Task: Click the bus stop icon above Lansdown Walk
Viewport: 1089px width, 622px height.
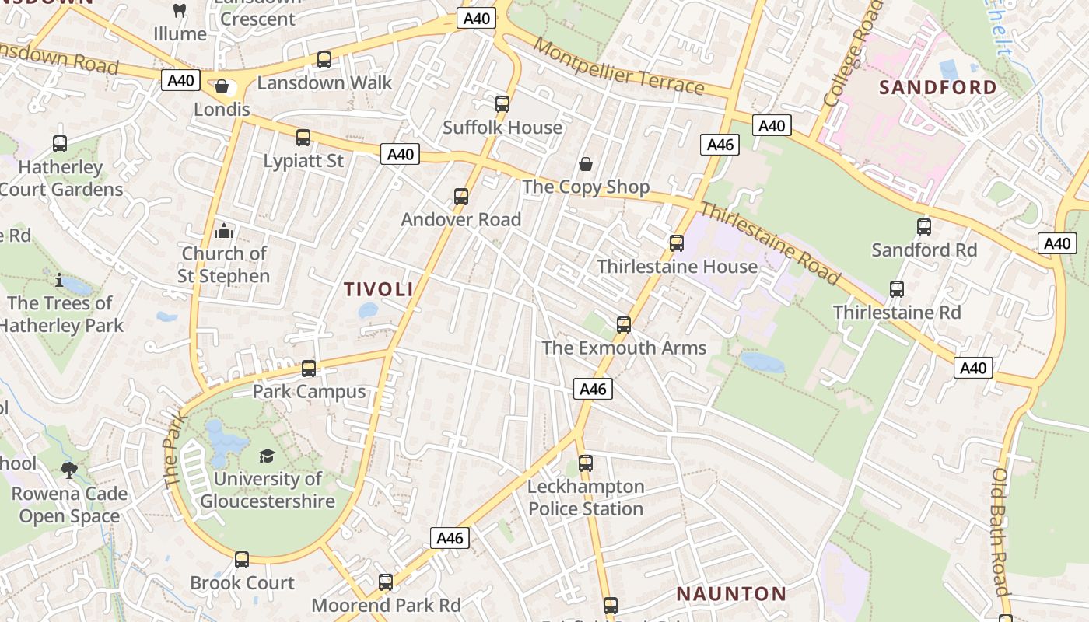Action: tap(324, 59)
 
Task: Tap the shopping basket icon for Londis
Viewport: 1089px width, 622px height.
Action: tap(222, 86)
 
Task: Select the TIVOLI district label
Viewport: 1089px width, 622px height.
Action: tap(379, 289)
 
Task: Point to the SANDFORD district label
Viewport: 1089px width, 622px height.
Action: tap(938, 87)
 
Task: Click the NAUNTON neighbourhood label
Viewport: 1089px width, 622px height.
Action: tap(731, 594)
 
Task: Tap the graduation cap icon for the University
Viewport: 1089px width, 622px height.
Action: tap(267, 456)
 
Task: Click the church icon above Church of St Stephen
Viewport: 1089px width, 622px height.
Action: tap(224, 230)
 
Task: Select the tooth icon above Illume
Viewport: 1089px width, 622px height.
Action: tap(180, 11)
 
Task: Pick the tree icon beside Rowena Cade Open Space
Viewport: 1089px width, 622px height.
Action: tap(69, 470)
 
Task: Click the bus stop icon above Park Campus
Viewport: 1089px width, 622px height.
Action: tap(309, 368)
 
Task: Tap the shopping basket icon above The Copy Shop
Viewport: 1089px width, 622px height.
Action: tap(586, 163)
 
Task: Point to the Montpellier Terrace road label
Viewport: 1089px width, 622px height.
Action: tap(619, 66)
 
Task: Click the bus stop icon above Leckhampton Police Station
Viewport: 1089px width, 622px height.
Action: tap(586, 463)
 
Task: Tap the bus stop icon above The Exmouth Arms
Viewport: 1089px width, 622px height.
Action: tap(624, 324)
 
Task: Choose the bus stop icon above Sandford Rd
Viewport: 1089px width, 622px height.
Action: tap(924, 227)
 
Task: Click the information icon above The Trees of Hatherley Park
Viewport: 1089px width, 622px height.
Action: tap(59, 280)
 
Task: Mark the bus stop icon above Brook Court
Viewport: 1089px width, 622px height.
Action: tap(242, 559)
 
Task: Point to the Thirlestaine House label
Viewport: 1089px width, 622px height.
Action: tap(677, 267)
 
